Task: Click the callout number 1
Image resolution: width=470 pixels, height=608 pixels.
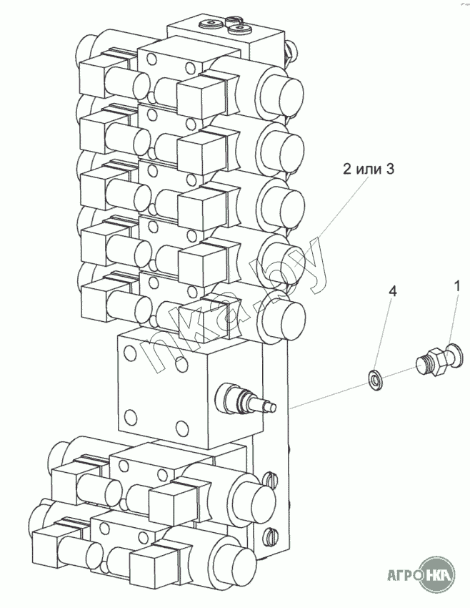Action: tap(457, 286)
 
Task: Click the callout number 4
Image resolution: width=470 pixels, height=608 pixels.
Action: tap(393, 292)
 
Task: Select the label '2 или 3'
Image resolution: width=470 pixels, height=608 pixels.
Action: tap(369, 170)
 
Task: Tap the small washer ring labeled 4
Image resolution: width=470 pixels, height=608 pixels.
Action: tap(375, 381)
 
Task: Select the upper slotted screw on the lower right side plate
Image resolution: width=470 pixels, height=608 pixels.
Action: tap(270, 479)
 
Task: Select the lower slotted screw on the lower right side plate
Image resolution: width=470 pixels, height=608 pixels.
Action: tap(270, 536)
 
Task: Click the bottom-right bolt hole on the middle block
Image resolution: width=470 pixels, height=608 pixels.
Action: tap(181, 428)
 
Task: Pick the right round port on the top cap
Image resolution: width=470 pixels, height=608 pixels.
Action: tap(240, 29)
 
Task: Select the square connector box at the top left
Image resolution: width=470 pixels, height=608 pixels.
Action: tap(93, 77)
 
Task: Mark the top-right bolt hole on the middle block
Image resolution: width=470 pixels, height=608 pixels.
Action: tap(181, 366)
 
